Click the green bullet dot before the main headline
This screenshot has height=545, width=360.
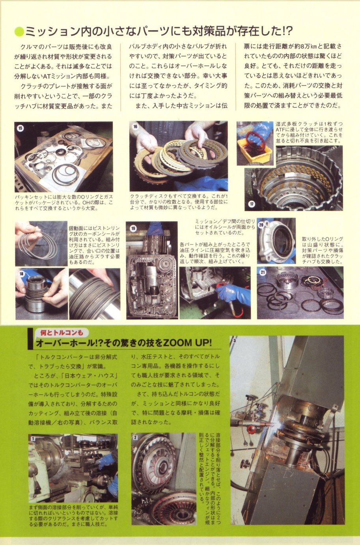[x=19, y=32]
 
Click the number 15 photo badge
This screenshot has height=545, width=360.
[x=21, y=128]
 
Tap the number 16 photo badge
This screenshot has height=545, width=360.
[x=136, y=126]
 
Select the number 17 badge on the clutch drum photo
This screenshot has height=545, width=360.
[x=252, y=204]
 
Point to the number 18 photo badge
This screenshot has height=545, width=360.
[x=21, y=274]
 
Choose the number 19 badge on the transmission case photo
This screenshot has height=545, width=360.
[x=133, y=228]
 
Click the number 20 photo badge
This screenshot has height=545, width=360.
[x=261, y=225]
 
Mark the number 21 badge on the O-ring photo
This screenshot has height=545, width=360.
[x=263, y=272]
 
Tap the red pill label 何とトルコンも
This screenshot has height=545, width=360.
[x=62, y=332]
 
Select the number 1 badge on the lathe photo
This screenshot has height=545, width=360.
[x=33, y=439]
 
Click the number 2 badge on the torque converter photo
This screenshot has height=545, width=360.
[x=135, y=438]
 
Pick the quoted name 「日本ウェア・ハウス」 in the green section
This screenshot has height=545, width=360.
[x=90, y=375]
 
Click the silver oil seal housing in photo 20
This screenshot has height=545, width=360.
[x=276, y=241]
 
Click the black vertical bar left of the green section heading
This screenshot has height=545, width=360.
[x=30, y=339]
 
